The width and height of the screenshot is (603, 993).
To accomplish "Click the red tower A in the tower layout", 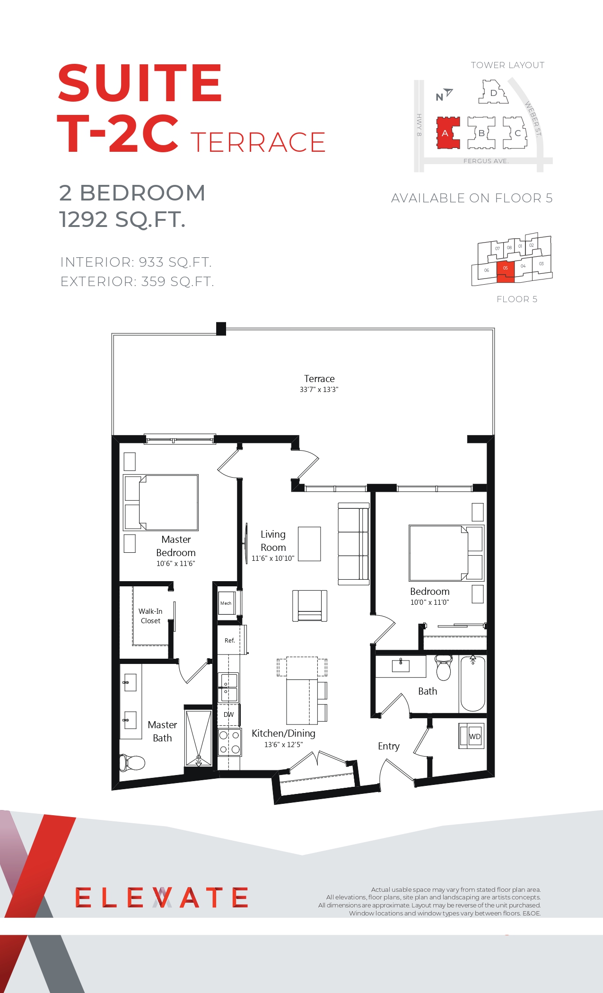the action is coord(447,133).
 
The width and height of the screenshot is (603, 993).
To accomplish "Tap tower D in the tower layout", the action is coord(493,92).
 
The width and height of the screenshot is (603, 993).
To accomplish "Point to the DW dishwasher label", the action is coord(228,714).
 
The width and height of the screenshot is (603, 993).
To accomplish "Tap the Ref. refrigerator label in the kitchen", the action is coord(230,640).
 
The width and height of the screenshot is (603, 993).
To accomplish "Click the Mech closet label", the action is coord(226,603).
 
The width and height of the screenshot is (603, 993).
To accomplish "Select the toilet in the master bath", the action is coord(132,762).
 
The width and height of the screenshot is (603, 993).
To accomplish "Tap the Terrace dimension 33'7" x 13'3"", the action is coord(319,390).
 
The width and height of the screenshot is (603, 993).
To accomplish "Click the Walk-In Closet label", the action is coord(150,616).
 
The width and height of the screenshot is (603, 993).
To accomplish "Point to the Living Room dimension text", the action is coord(273,558).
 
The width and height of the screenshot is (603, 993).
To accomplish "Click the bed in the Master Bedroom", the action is coord(161,503).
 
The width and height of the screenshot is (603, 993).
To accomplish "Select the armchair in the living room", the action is coord(310,605).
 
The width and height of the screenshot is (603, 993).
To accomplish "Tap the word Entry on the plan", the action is coord(389,746).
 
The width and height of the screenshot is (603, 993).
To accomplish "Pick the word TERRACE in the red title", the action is coord(258,142).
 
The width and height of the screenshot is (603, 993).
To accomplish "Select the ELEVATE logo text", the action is coord(161,897).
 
